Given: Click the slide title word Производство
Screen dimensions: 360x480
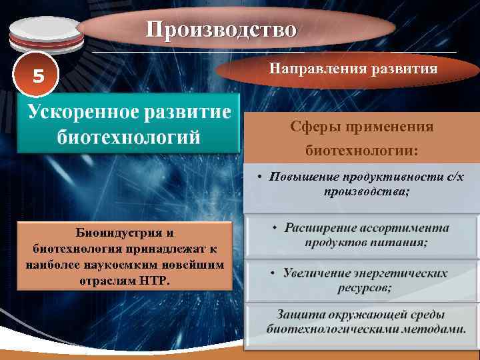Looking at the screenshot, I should [221, 29].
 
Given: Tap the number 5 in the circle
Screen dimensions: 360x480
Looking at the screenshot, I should [39, 77].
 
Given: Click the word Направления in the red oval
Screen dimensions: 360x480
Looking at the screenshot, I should [309, 69].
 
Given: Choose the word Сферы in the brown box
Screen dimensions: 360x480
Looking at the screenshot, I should [311, 127].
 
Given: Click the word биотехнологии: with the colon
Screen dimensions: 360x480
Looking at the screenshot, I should [361, 151].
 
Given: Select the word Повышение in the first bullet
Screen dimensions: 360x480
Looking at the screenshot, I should [304, 177].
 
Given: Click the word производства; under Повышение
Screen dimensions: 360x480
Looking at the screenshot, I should [367, 191].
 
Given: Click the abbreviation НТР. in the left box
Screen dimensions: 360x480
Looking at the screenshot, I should [155, 279].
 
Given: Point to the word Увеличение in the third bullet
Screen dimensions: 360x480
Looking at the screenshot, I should [317, 273].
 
